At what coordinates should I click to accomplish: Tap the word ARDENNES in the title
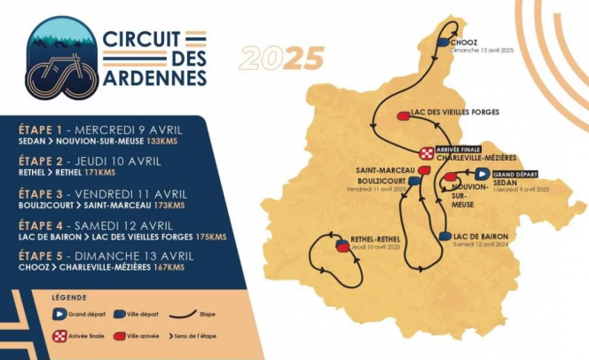pos(154,78)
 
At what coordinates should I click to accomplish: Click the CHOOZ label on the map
pos(466,42)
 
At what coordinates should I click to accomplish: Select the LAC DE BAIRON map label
pos(480,236)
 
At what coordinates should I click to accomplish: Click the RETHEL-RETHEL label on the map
pos(377,238)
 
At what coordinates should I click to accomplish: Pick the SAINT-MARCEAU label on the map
pos(381,170)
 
